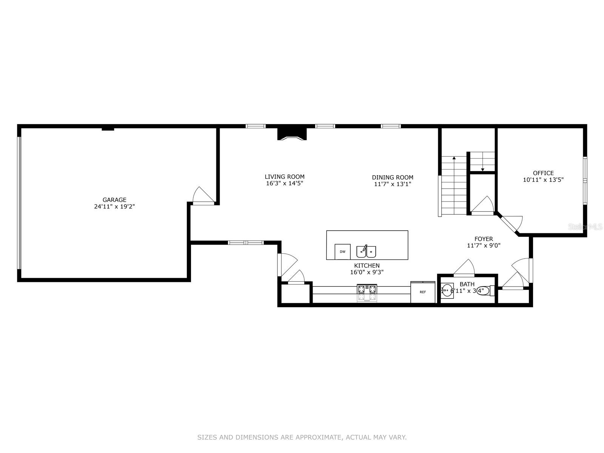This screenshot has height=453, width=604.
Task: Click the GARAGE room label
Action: click(114, 200)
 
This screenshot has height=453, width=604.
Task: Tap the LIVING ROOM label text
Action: click(285, 177)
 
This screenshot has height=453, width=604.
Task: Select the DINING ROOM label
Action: click(393, 177)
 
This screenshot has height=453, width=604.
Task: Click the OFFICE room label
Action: click(544, 173)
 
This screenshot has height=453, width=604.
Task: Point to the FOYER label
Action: click(484, 239)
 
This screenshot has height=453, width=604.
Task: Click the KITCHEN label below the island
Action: click(367, 265)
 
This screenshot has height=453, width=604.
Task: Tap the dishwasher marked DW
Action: click(343, 252)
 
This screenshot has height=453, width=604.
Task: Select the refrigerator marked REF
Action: click(423, 292)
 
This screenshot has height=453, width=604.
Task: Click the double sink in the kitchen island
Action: click(366, 251)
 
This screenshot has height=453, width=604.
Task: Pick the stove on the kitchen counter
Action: click(367, 293)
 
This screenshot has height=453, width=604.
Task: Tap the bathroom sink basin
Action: click(447, 290)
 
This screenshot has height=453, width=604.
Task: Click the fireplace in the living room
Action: click(292, 134)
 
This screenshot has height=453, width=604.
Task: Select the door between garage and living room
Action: click(203, 196)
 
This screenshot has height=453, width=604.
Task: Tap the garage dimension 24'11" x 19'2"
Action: click(114, 206)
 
